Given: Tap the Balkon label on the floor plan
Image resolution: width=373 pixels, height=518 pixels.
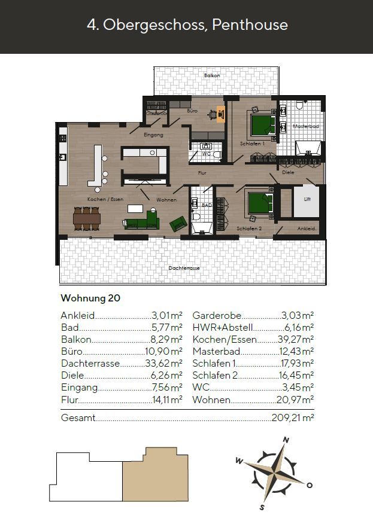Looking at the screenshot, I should (x=211, y=76).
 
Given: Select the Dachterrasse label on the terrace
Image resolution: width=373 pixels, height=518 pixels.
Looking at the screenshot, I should (x=184, y=269).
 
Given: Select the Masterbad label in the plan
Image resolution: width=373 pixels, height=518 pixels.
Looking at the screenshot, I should (x=305, y=126).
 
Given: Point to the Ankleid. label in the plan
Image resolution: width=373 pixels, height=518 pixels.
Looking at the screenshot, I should (x=307, y=229).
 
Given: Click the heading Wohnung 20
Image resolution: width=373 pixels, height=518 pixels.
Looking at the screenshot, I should (x=90, y=298).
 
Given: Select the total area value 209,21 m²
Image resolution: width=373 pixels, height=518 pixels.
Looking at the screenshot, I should (x=293, y=418).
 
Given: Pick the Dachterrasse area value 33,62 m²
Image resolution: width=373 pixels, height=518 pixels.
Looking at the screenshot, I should (x=164, y=364).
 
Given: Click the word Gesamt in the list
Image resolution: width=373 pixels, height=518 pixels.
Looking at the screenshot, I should (x=78, y=418).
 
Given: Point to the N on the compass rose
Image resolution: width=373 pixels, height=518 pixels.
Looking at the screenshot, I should (x=286, y=440).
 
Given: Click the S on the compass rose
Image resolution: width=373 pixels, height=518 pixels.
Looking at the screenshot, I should (x=262, y=508).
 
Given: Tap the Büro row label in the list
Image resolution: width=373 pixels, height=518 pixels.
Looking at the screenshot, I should (x=71, y=352).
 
